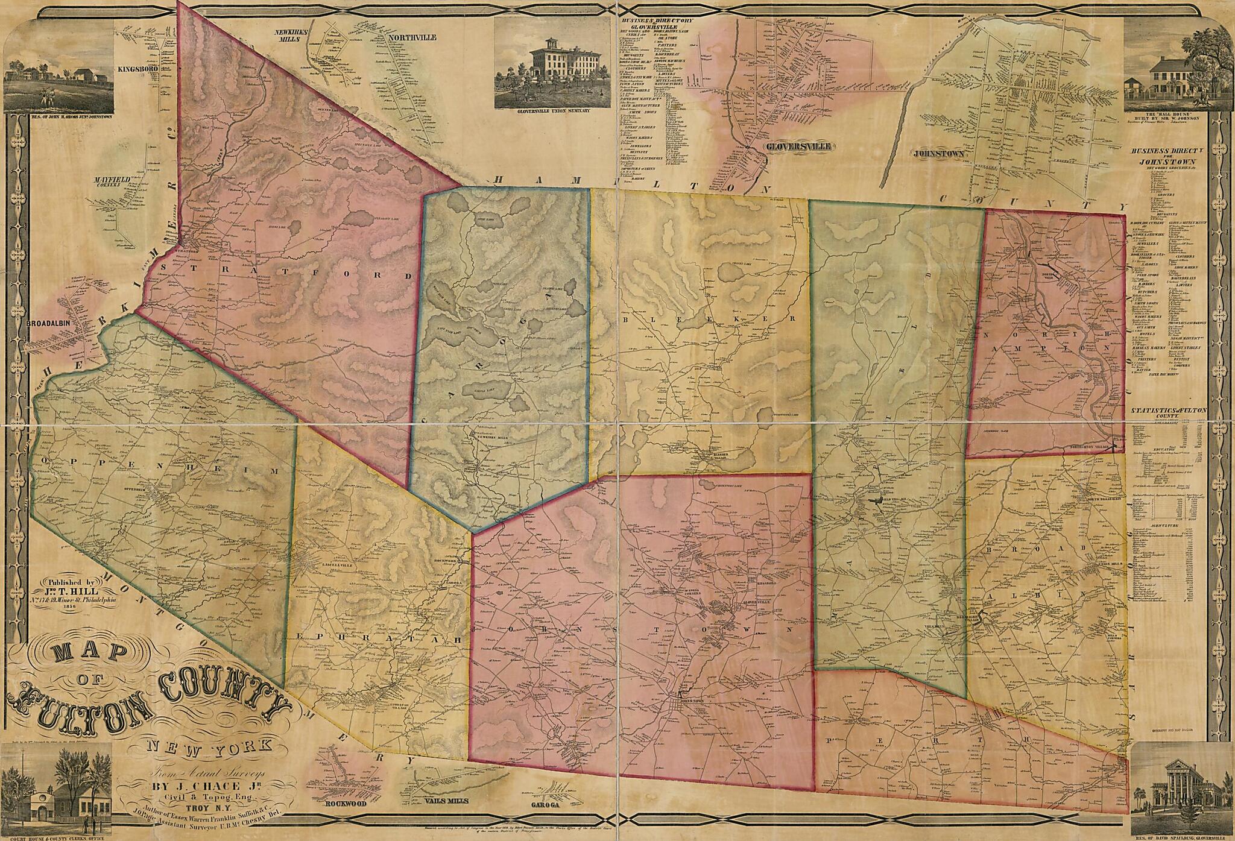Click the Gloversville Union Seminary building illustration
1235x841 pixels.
coord(548,72)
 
